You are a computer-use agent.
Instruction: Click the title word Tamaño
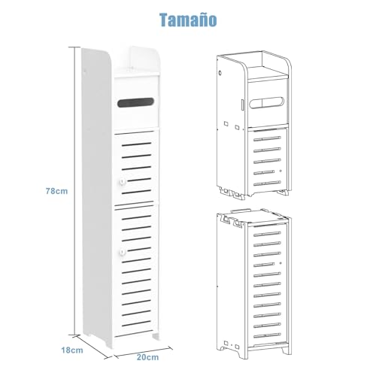[x=188, y=20]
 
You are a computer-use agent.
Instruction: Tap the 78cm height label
[x=57, y=191]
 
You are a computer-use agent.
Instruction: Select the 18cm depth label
[x=72, y=350]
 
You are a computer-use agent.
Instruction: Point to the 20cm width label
[x=147, y=357]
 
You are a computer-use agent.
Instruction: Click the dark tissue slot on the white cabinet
[x=135, y=102]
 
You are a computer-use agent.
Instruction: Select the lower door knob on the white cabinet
[x=123, y=252]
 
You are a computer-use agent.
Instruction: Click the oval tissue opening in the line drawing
[x=267, y=103]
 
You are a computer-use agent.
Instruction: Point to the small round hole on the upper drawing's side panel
[x=220, y=73]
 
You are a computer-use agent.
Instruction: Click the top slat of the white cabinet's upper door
[x=137, y=144]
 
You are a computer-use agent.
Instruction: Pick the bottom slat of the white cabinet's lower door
[x=137, y=323]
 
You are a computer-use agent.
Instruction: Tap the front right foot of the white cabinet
[x=156, y=336]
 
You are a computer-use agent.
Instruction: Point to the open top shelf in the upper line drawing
[x=268, y=73]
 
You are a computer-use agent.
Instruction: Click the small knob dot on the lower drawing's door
[x=280, y=263]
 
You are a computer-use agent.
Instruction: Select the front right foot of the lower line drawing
[x=287, y=350]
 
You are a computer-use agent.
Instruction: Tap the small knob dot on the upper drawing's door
[x=280, y=171]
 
